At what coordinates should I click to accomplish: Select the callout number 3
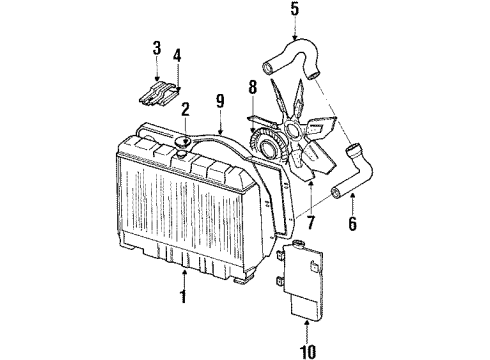156,48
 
